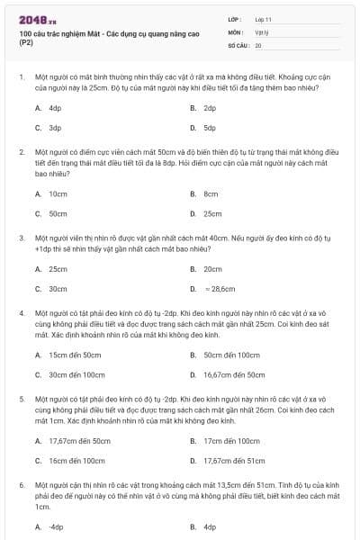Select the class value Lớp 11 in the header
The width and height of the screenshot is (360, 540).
264,18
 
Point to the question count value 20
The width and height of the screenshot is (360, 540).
258,44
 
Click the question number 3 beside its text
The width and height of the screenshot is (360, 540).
21,238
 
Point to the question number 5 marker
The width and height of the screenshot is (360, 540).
21,397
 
